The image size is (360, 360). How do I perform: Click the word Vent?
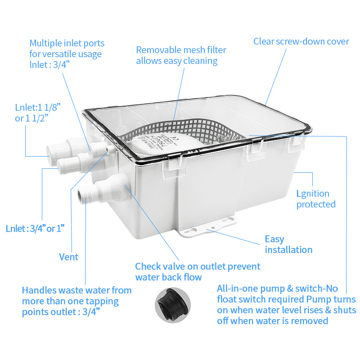[x=68, y=257]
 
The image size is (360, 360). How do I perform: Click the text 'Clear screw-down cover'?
[x=301, y=41]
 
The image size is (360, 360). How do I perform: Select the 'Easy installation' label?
[x=288, y=244]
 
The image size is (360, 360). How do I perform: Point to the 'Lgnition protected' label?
[x=315, y=199]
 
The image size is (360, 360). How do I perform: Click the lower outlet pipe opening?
[x=82, y=196]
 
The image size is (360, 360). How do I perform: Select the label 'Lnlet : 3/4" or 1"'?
[x=35, y=228]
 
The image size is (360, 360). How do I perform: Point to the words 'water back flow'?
[x=168, y=277]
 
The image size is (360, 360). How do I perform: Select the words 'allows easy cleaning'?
[x=177, y=61]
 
